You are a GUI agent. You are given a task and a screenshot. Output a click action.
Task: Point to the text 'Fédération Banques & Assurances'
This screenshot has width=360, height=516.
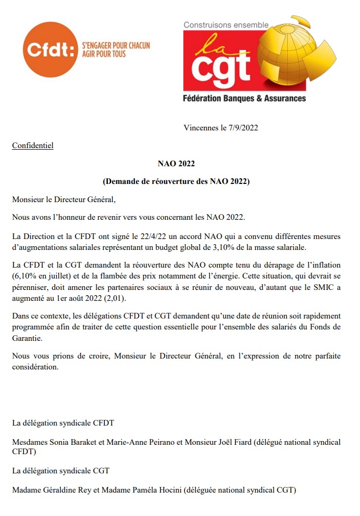244,98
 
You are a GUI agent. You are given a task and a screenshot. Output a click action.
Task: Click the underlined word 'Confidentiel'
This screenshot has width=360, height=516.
33,145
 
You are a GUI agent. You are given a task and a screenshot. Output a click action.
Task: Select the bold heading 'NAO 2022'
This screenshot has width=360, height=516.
176,164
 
